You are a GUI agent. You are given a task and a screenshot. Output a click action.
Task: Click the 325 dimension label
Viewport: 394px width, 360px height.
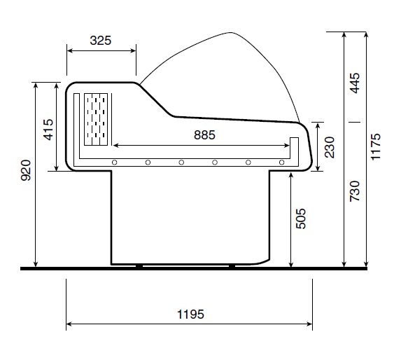[101, 40]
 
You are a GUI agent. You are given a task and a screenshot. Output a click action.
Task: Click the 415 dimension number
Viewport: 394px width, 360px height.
[48, 130]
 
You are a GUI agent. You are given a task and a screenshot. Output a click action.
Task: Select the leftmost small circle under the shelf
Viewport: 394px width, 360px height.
[114, 162]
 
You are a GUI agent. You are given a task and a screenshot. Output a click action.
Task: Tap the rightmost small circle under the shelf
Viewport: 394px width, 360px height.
[281, 162]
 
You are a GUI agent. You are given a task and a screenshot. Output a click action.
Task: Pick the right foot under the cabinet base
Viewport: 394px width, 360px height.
[232, 265]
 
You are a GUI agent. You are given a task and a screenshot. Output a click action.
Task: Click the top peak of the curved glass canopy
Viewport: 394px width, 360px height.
[231, 33]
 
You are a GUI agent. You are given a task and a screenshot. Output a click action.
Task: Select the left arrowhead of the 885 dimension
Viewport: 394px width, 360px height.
[116, 146]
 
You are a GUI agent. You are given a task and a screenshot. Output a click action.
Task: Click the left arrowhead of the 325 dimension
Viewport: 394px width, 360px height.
[69, 50]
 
